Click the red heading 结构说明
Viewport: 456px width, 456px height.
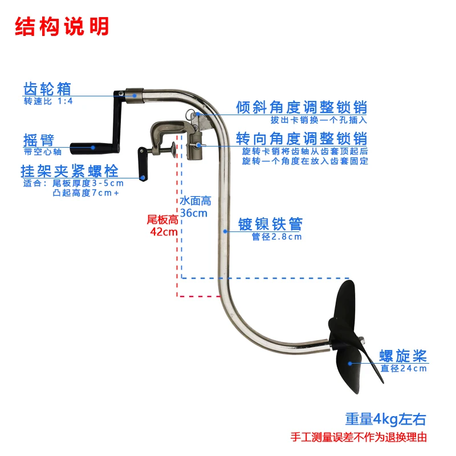62,26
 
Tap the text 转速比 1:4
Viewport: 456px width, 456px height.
48,101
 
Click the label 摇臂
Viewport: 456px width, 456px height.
39,140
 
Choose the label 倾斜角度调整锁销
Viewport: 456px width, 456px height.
302,107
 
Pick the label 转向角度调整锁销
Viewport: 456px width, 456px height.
302,139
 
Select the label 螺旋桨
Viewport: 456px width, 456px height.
404,357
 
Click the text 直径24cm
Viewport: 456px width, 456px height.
404,369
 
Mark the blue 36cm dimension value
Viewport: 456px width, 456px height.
194,213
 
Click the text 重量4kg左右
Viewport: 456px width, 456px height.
385,420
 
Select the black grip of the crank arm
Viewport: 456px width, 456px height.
93,147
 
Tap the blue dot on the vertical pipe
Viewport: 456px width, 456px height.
226,231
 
